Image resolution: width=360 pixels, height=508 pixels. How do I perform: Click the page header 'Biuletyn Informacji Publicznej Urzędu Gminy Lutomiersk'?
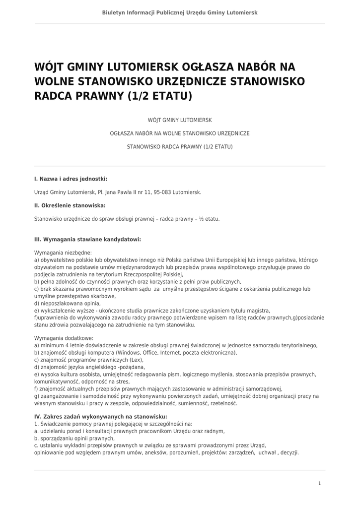pos(180,12)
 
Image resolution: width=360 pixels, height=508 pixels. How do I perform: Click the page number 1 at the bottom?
pos(320,483)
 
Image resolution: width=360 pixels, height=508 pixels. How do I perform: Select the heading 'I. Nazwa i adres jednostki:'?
pos(71,179)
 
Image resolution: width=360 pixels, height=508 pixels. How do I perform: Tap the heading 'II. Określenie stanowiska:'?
pos(70,205)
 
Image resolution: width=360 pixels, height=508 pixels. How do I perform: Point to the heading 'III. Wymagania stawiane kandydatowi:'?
pos(87,239)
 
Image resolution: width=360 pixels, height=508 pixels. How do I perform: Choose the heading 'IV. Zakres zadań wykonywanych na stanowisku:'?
pos(100,417)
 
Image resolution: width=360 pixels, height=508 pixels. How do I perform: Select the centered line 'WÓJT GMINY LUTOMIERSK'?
pos(180,120)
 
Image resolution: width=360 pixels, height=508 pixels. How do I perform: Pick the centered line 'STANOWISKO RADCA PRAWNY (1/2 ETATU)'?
pos(180,147)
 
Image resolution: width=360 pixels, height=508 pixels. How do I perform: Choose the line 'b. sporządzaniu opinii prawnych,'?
pos(74,439)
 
